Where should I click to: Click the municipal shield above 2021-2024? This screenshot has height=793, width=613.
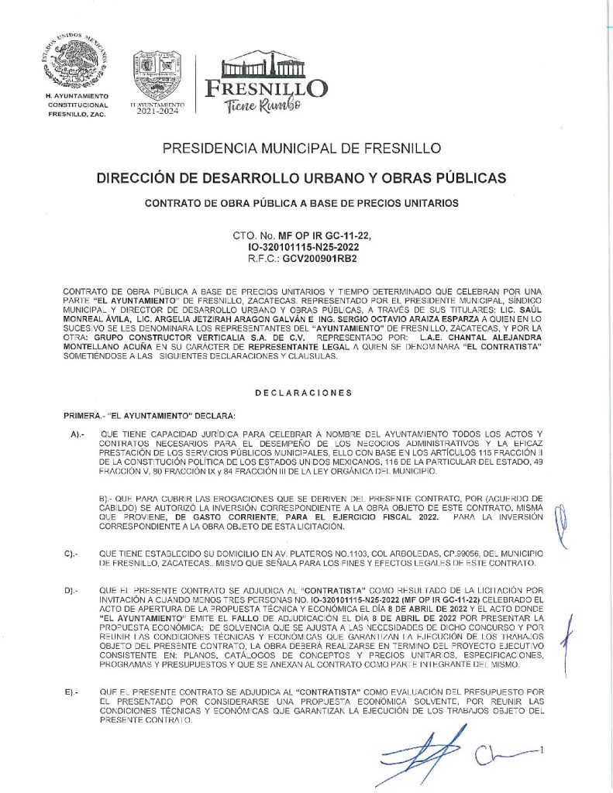157,74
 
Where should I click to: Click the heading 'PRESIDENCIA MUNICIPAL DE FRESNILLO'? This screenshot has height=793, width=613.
302,148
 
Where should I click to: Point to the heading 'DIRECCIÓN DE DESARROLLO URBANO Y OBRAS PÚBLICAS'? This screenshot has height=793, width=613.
302,178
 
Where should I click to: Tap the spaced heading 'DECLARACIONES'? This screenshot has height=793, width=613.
302,393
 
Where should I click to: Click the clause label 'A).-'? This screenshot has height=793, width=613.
77,435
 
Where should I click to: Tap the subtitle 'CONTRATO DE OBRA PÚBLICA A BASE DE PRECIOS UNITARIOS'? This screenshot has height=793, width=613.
302,204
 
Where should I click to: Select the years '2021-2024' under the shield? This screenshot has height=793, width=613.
157,111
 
